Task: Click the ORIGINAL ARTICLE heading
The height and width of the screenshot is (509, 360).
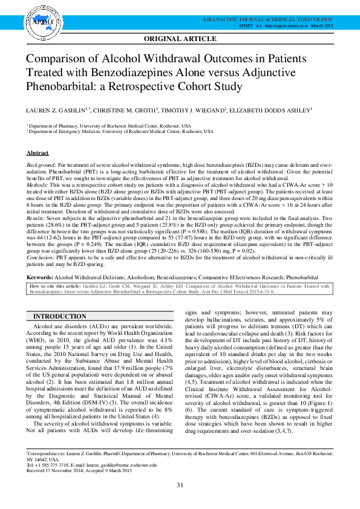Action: tap(180, 39)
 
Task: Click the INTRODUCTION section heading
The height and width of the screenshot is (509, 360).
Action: tap(59, 317)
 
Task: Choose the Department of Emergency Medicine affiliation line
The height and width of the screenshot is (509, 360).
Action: tap(120, 131)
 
